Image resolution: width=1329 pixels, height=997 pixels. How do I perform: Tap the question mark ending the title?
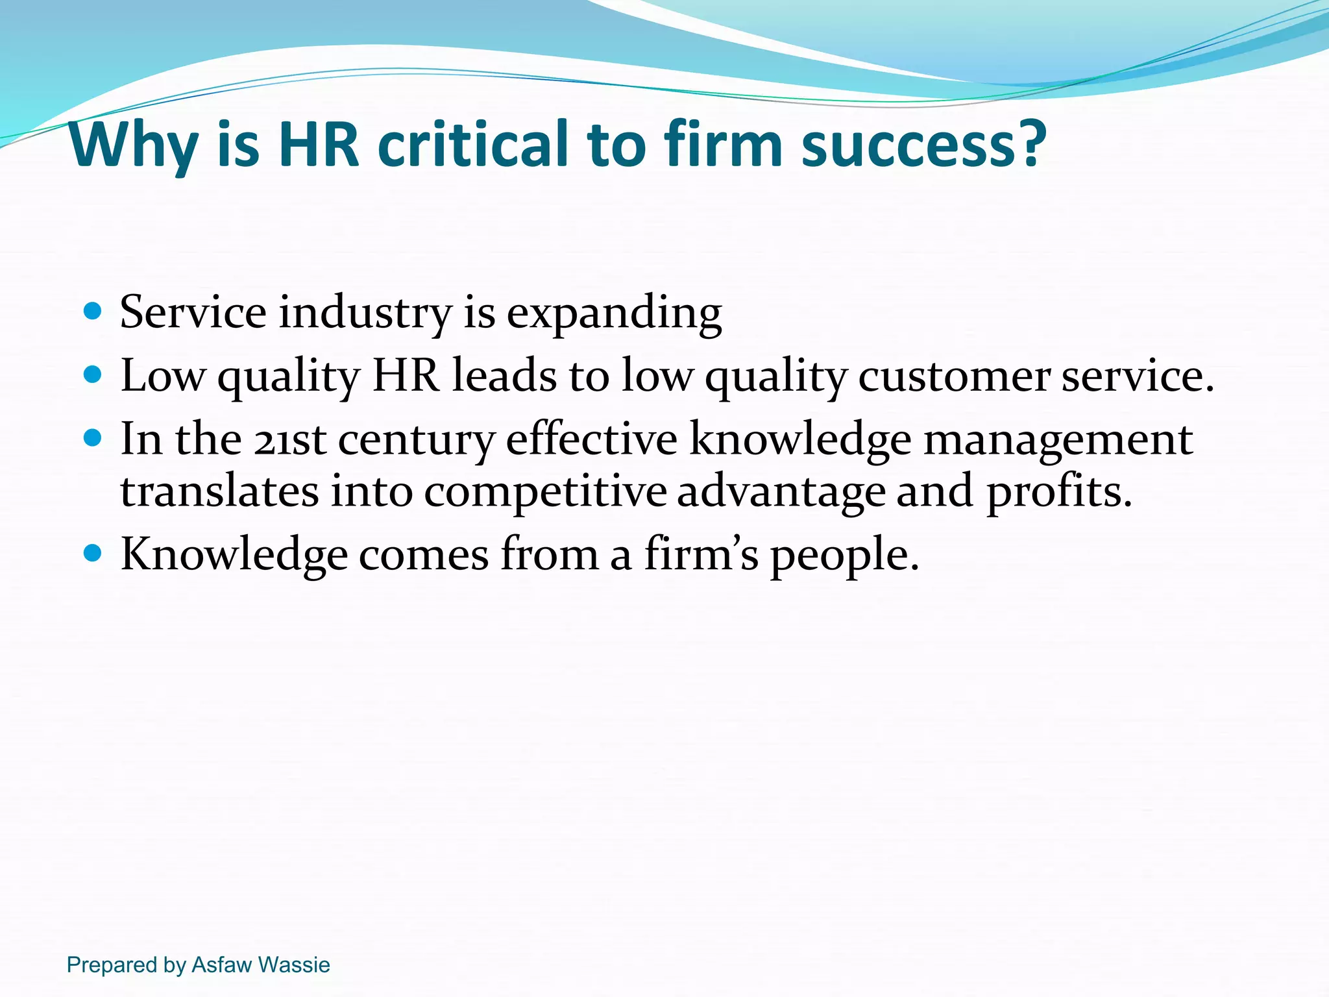(1029, 143)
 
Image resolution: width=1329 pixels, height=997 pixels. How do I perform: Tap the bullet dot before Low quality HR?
(93, 375)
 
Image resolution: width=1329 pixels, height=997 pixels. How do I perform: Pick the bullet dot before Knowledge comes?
(93, 554)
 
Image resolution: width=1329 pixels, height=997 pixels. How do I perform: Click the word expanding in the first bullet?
(614, 314)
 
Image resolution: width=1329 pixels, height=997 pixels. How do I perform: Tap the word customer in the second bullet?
(953, 376)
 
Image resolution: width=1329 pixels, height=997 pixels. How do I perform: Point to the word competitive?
(545, 492)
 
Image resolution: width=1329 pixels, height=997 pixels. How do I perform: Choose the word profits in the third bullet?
(1058, 492)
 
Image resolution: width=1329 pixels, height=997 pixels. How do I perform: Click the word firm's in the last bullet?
(701, 554)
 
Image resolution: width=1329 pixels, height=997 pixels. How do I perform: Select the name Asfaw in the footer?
(221, 965)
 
